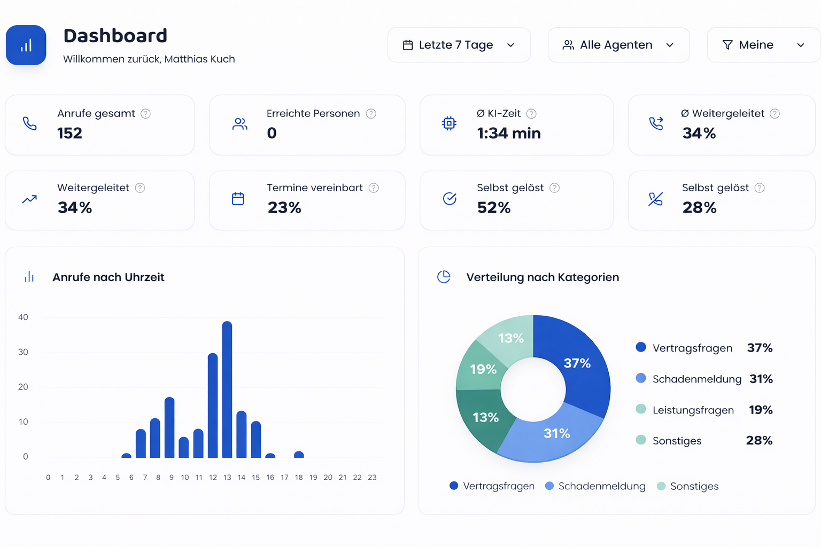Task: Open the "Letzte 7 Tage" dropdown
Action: tap(459, 45)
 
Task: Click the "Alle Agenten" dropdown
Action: tap(618, 45)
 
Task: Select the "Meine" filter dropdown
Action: tap(763, 45)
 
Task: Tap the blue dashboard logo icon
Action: tap(26, 45)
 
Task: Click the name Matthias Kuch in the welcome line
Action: tap(199, 59)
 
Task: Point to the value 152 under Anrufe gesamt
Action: tap(69, 133)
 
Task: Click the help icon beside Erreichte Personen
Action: tap(371, 114)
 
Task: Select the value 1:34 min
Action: tap(508, 133)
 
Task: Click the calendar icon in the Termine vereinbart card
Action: tap(238, 199)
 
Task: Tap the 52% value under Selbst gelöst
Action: tap(493, 207)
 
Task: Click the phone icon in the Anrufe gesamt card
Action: tap(30, 123)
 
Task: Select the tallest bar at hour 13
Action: tap(227, 389)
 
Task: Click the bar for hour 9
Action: tap(169, 427)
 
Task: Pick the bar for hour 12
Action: tap(213, 405)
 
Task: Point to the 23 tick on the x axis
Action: tap(372, 478)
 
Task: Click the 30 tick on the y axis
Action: tap(23, 352)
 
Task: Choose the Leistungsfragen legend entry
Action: tap(693, 410)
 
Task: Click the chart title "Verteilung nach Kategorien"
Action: tap(542, 277)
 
